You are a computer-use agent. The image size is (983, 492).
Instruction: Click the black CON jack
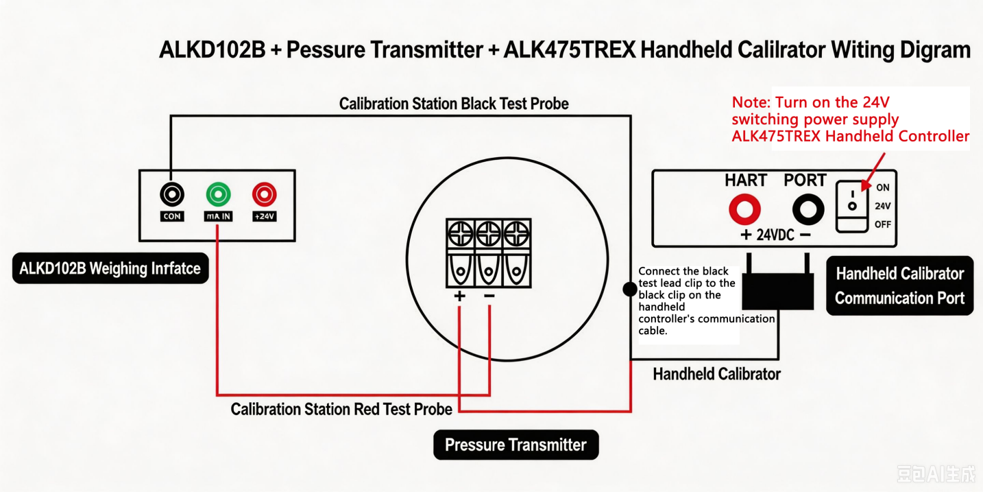point(171,194)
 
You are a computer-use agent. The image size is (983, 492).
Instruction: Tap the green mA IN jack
point(218,194)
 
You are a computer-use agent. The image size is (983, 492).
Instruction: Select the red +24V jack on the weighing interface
point(264,194)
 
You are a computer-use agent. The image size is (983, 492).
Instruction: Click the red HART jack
point(744,209)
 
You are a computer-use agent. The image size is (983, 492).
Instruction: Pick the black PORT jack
point(808,209)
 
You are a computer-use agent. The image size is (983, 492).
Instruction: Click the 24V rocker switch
point(852,207)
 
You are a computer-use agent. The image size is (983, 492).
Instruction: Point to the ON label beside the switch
point(882,187)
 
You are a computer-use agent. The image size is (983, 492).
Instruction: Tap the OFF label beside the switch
point(882,224)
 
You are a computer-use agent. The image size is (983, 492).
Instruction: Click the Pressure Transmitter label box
point(515,445)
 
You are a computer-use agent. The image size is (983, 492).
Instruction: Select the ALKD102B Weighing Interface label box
point(110,268)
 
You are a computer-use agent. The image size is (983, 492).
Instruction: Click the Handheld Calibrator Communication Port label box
point(899,285)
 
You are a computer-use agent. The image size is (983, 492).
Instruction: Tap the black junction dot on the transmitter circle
point(630,289)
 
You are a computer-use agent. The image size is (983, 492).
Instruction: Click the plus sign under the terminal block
point(459,296)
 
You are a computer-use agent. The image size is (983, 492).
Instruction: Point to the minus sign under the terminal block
point(489,296)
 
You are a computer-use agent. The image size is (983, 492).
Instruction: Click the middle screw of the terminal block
point(489,233)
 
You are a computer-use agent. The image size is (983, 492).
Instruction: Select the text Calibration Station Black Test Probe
point(454,104)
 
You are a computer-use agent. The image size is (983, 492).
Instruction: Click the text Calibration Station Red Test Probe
point(341,409)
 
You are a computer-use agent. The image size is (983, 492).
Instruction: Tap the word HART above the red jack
point(746,180)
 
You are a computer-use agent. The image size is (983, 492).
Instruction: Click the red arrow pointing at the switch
point(873,172)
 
